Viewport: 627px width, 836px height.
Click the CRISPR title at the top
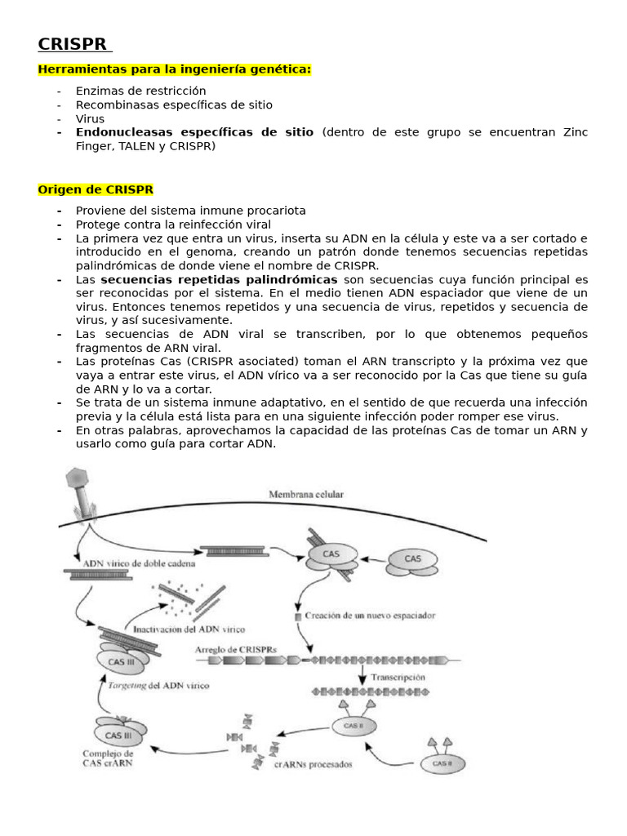pos(74,44)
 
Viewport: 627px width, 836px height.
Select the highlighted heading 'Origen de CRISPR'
pos(95,189)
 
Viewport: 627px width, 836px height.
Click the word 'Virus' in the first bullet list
pos(90,118)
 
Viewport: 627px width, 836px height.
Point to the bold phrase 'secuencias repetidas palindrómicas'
pos(219,279)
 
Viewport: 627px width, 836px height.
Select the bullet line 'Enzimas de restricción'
pos(140,91)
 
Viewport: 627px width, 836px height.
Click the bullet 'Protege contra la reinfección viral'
pos(173,224)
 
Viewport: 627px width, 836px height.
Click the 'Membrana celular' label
pos(306,494)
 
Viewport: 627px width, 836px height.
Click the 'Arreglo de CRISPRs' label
pos(236,649)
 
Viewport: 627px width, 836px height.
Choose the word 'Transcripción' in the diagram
pos(398,677)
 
